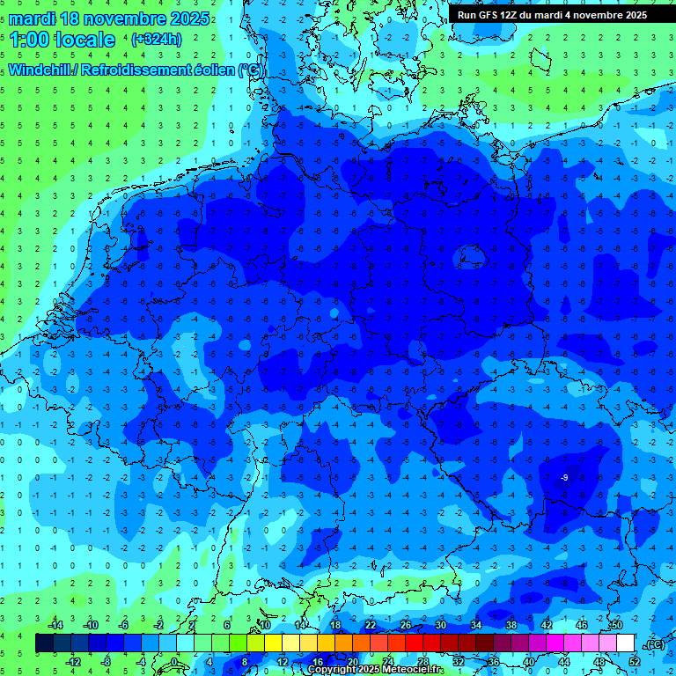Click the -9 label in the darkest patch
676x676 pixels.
coord(565,477)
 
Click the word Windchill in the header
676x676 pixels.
coord(40,70)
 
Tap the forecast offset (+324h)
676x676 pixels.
coord(156,39)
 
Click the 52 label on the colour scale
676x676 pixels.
coord(635,662)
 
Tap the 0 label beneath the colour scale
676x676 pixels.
coord(174,662)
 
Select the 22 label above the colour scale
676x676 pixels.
coord(371,624)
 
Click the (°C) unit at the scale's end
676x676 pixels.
coord(654,644)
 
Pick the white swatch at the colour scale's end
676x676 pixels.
coord(626,643)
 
